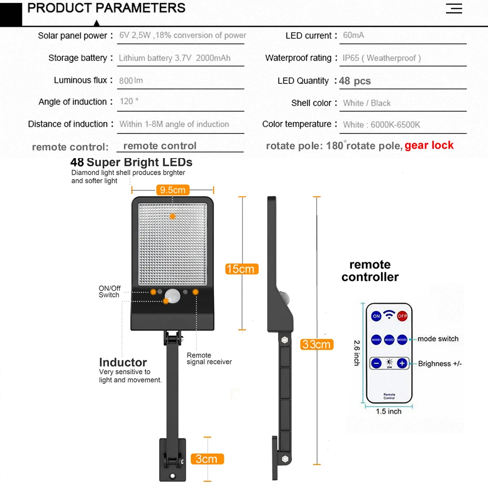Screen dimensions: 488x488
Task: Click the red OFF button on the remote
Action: [402, 316]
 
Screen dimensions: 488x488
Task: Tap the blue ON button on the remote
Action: [376, 316]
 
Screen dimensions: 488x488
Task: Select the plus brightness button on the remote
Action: [402, 363]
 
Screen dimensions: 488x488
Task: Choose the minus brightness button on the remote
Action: [376, 363]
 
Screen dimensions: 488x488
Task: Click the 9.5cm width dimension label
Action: [172, 190]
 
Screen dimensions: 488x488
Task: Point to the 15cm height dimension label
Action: [241, 269]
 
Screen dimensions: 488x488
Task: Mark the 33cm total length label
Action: [316, 345]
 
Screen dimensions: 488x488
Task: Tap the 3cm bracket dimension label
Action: [206, 459]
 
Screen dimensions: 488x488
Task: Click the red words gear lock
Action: [429, 145]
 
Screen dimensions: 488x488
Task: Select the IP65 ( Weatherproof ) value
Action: [381, 58]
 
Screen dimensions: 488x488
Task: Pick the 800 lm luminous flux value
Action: [131, 81]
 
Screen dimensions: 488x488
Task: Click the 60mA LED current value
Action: [353, 35]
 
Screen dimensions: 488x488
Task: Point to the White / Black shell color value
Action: [366, 103]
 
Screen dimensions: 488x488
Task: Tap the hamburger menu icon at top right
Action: [454, 8]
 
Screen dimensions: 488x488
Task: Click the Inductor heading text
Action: [123, 362]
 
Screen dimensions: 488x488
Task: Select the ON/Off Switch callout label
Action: [109, 292]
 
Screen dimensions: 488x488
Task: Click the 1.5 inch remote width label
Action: [388, 411]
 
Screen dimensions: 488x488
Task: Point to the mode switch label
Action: [438, 339]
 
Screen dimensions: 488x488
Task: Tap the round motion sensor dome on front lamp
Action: [172, 294]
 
